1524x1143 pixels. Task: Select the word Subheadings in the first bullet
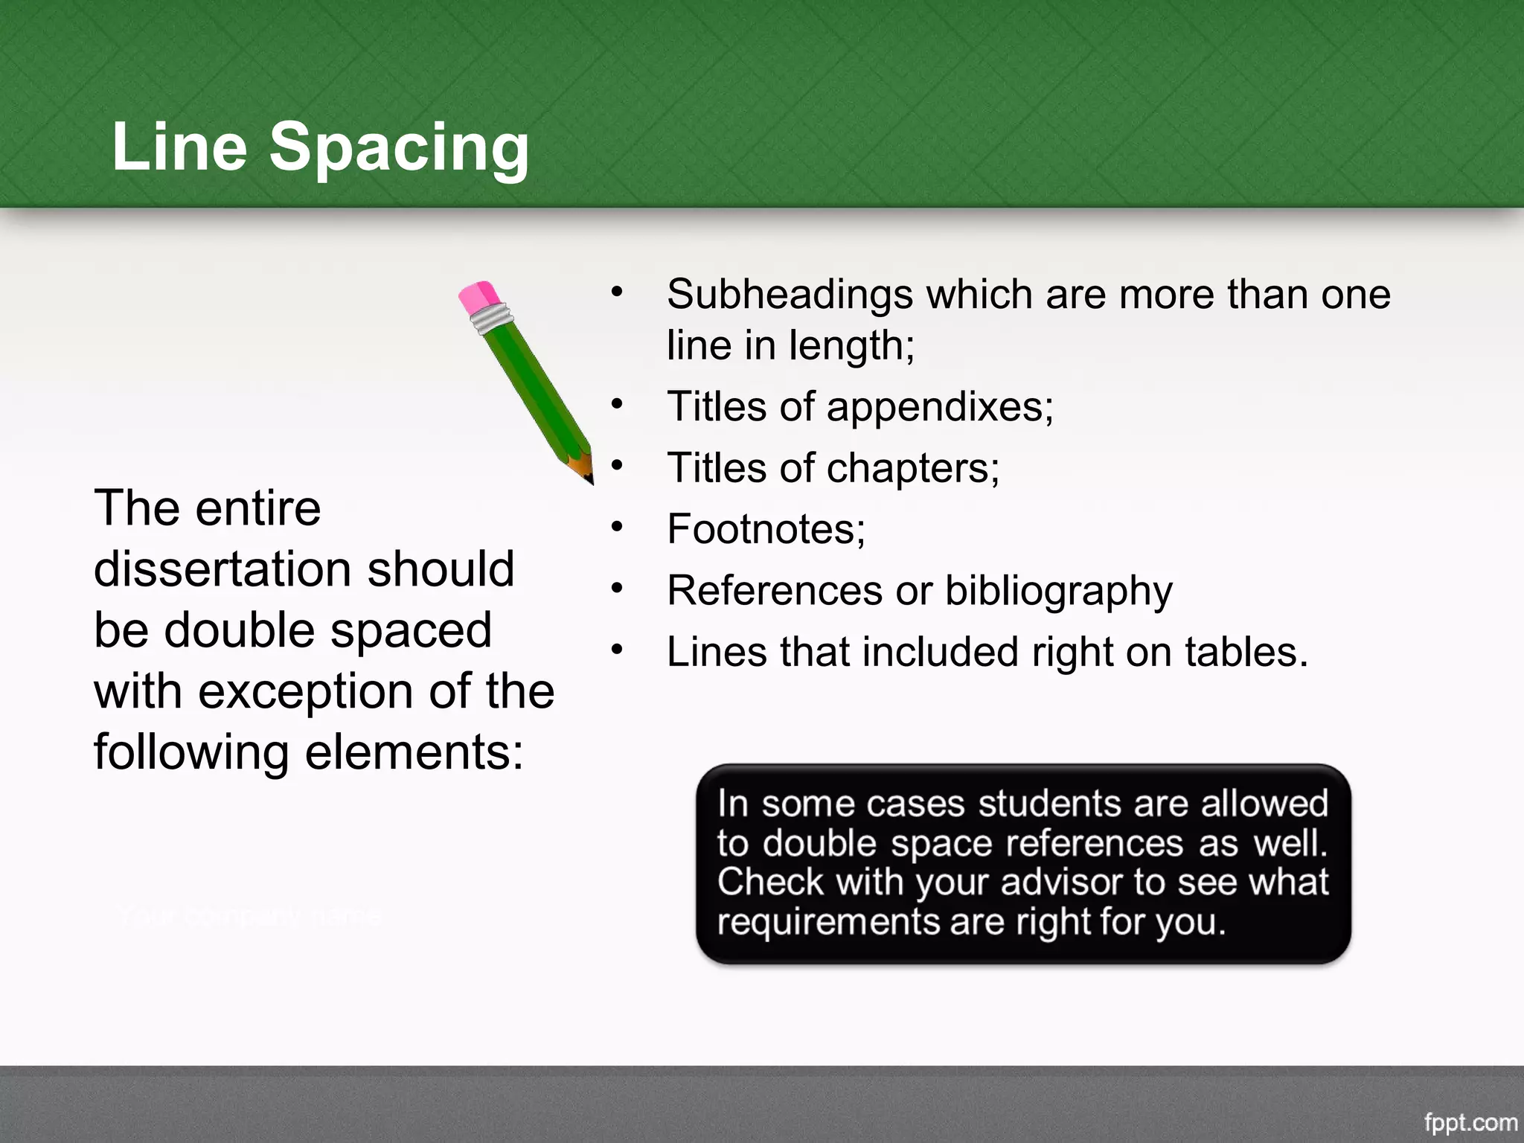click(x=790, y=295)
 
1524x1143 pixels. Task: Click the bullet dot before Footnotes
click(x=616, y=528)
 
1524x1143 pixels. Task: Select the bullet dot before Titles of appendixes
click(x=616, y=405)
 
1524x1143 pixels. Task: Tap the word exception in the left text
click(x=306, y=691)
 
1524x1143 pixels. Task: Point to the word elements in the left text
click(x=414, y=752)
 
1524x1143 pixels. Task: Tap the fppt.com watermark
click(x=1470, y=1122)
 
